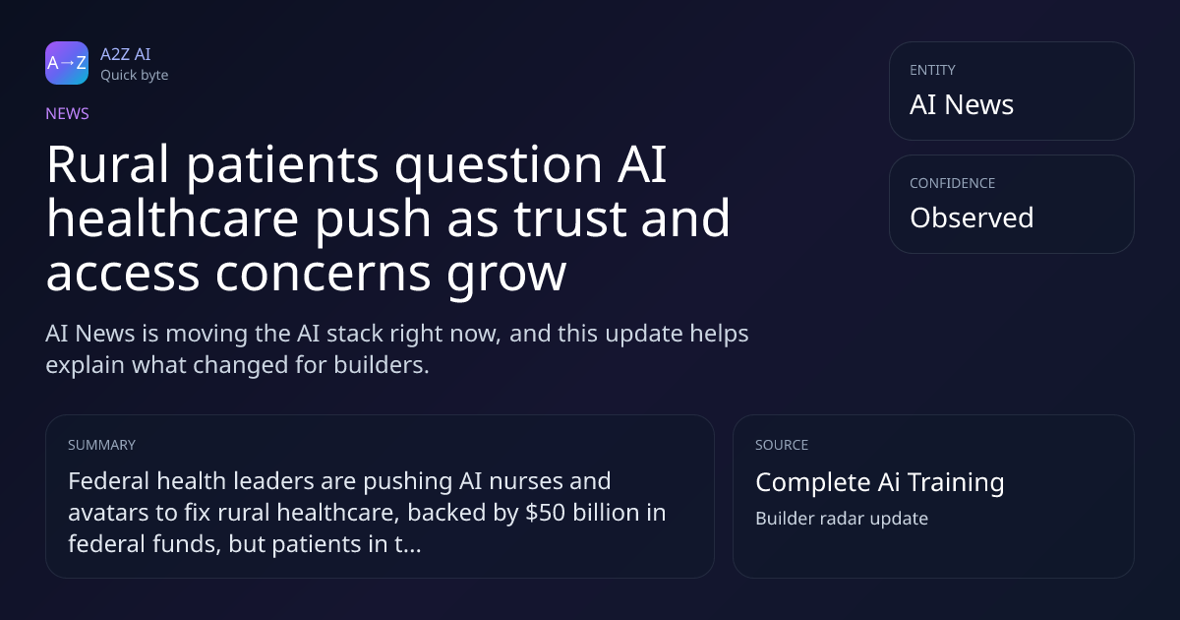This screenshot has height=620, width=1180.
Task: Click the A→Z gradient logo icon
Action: tap(67, 63)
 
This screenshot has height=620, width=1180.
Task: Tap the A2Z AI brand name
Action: tap(126, 54)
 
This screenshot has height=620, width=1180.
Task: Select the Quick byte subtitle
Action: tap(135, 76)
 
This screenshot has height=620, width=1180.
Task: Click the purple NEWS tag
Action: tap(67, 113)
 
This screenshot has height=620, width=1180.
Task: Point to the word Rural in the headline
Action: tap(107, 164)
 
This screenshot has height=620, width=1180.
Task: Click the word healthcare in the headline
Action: tap(173, 218)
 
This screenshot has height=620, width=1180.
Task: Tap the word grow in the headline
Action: tap(506, 277)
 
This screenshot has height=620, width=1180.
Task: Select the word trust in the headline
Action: tap(569, 218)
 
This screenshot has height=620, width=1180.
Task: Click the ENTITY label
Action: tap(932, 70)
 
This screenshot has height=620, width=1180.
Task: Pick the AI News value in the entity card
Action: tap(962, 104)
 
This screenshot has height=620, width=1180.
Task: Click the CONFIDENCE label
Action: tap(952, 183)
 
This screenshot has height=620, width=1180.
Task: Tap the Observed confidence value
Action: tap(972, 217)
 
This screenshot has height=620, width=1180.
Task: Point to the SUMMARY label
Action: tap(101, 445)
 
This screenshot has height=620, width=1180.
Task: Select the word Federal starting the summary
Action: tap(108, 481)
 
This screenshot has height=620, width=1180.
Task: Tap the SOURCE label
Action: tap(781, 445)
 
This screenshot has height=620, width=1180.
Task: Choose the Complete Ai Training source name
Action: tap(880, 482)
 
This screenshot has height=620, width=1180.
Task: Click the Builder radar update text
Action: tap(842, 519)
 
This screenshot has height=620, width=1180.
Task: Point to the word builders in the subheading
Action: tap(382, 365)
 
